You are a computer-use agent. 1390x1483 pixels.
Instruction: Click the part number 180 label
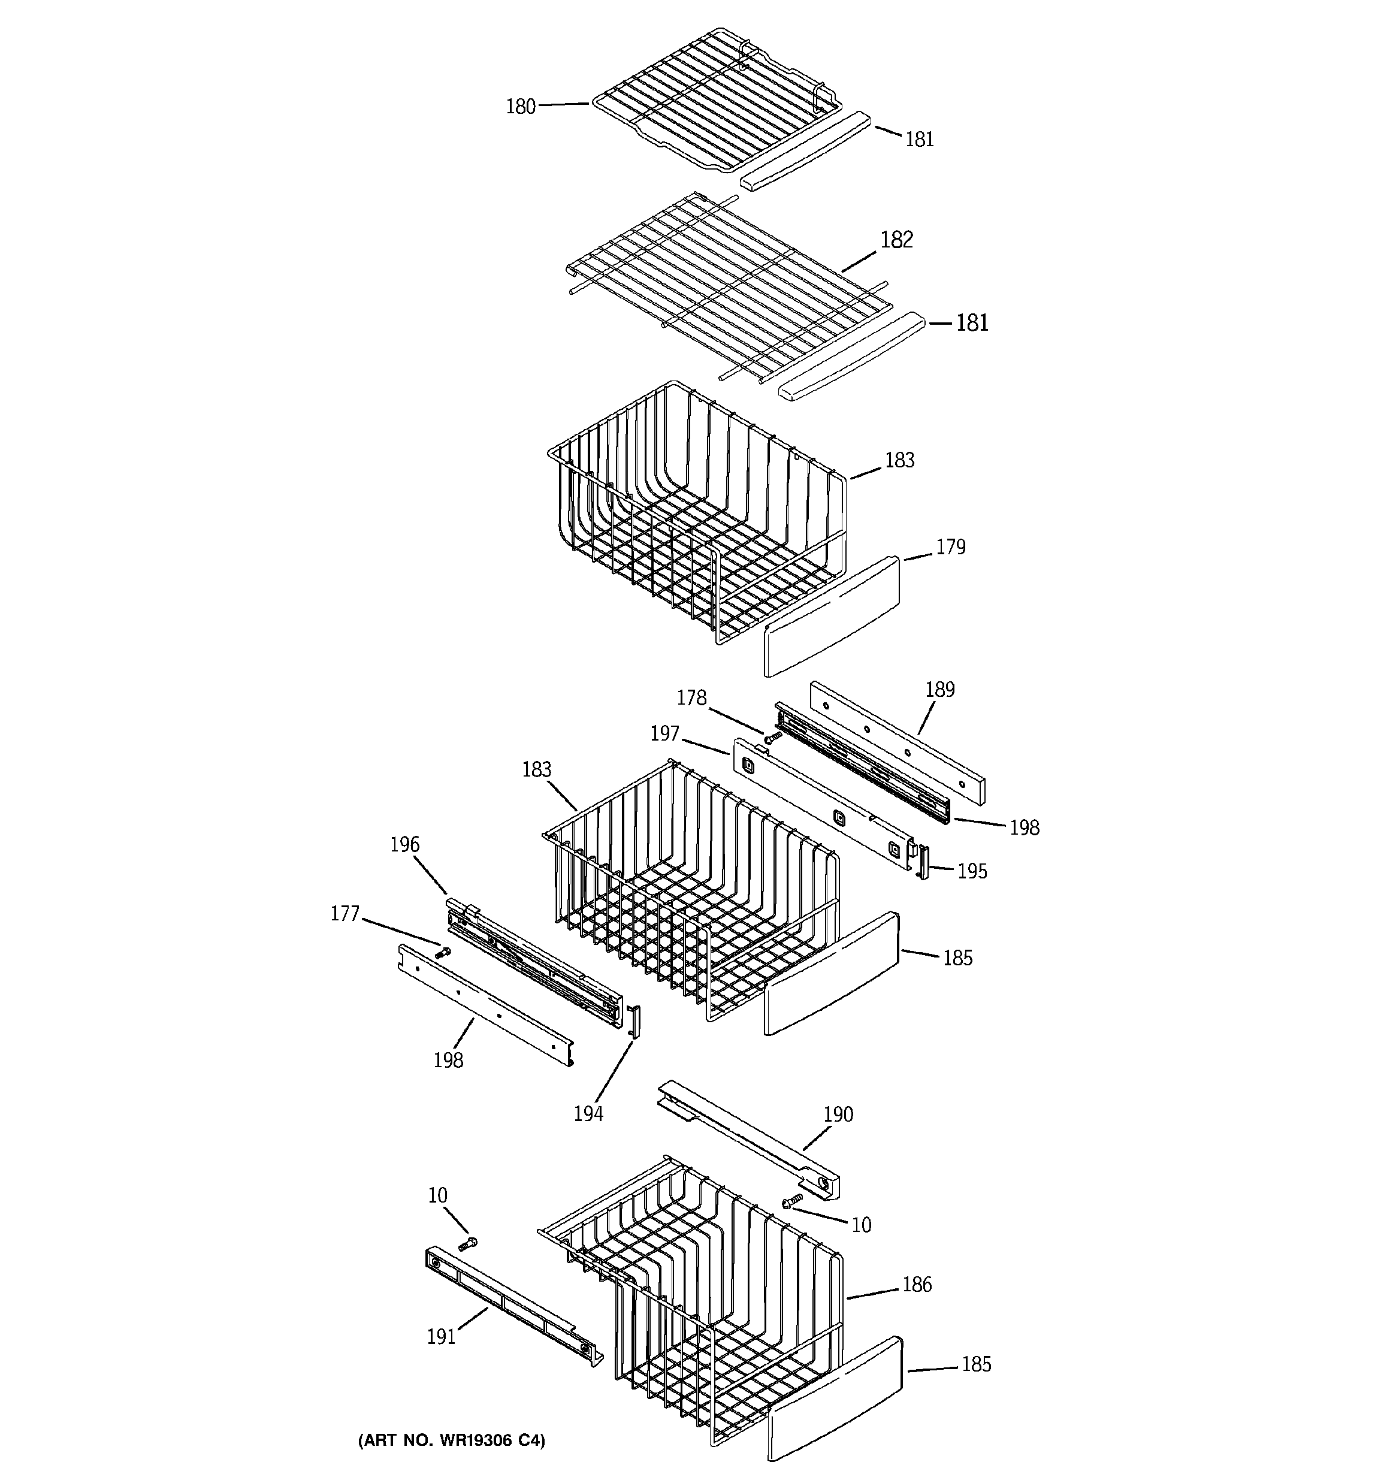(521, 107)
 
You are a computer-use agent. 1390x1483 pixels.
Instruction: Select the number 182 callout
(896, 240)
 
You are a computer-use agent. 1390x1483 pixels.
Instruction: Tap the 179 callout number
(951, 547)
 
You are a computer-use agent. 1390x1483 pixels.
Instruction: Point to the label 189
(939, 689)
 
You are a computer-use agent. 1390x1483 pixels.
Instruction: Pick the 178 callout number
(691, 697)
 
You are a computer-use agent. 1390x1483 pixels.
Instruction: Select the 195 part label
(971, 871)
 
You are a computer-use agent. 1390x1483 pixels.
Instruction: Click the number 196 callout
(404, 844)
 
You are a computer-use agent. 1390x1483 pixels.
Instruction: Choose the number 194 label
(588, 1114)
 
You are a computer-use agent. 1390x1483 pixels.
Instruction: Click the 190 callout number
(838, 1114)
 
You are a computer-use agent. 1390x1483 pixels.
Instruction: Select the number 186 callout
(917, 1284)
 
